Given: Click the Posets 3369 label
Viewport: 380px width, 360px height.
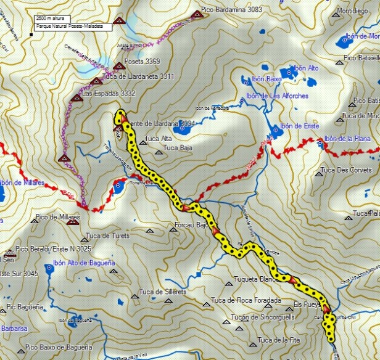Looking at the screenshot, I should [x=144, y=61].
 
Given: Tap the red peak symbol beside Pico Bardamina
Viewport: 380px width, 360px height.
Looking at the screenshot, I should [x=197, y=14].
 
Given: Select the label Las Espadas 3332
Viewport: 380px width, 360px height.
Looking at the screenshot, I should [x=109, y=92].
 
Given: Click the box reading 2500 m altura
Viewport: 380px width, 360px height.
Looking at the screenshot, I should [x=52, y=20].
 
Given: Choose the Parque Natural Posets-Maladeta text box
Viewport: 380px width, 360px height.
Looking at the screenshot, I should [x=73, y=27].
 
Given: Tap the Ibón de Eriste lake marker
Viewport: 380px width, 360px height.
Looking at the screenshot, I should [x=276, y=129].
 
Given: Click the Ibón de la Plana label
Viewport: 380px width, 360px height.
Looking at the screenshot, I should [x=347, y=139].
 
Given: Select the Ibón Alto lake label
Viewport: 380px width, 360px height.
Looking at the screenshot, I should [x=306, y=68].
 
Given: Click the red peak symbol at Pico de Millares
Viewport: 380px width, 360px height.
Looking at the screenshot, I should [x=73, y=222].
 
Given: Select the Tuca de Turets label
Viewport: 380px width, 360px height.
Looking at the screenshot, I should [x=108, y=236].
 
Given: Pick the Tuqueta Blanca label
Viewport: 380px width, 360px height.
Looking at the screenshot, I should [x=255, y=279].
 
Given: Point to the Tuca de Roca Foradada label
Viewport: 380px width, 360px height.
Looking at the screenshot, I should [x=246, y=301].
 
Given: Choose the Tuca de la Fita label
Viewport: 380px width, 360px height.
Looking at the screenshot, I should [x=283, y=340].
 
